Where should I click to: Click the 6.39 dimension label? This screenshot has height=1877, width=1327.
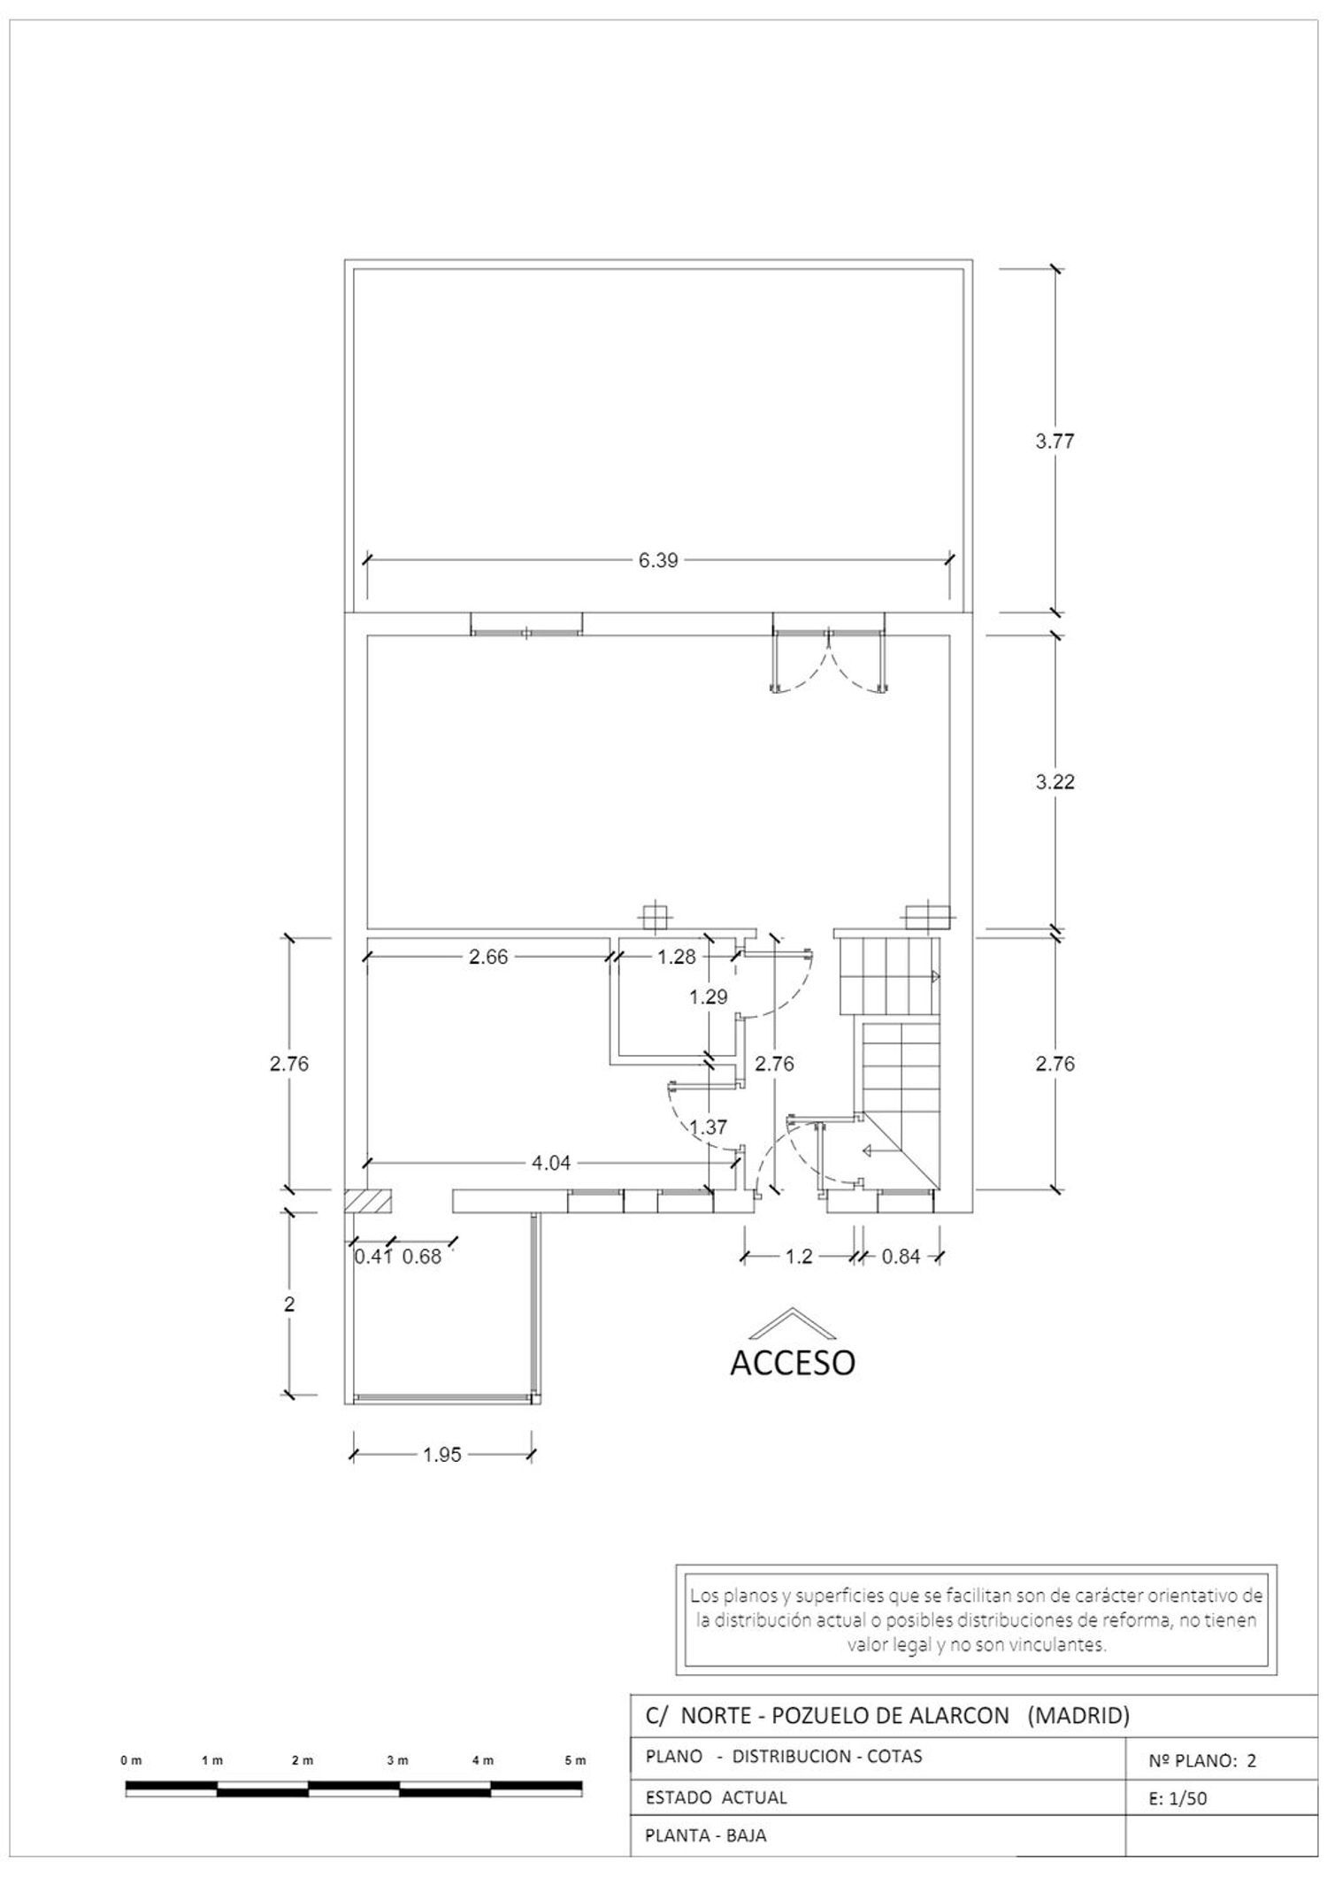[658, 560]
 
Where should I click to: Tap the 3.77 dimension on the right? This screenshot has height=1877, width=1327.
[1055, 442]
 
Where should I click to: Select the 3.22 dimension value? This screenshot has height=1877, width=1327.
[1055, 782]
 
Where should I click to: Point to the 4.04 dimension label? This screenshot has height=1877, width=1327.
[550, 1164]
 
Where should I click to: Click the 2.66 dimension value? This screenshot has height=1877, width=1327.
[488, 957]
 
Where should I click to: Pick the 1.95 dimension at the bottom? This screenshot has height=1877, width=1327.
[441, 1455]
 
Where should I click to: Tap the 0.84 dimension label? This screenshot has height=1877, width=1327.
[901, 1256]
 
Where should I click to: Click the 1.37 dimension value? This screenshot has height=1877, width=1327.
[709, 1127]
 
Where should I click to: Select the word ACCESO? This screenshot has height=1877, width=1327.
[793, 1363]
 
